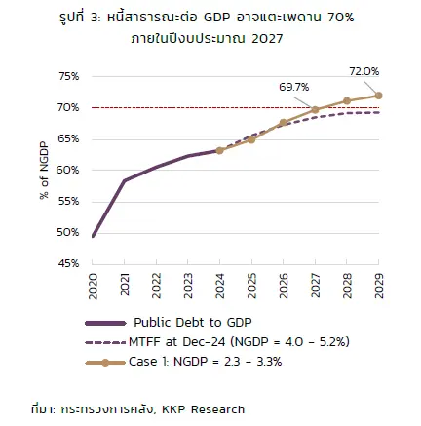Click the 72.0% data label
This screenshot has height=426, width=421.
(x=364, y=71)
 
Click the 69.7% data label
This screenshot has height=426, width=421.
(x=294, y=87)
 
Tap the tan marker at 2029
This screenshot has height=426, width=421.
(x=378, y=96)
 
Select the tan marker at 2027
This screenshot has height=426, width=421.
(x=315, y=110)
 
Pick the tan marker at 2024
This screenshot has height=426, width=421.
(x=219, y=150)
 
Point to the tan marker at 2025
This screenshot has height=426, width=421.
(x=251, y=139)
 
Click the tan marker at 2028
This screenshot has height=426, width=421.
(x=347, y=101)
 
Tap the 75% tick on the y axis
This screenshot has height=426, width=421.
(x=69, y=77)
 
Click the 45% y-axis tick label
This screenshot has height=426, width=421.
(x=68, y=263)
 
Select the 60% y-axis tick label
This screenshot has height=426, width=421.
(x=67, y=170)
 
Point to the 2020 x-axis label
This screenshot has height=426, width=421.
(x=93, y=286)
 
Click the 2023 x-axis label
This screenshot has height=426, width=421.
(x=188, y=286)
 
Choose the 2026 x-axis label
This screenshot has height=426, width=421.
(x=284, y=286)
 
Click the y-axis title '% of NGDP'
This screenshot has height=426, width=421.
(x=44, y=171)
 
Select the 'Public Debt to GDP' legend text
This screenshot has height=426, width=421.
(x=193, y=323)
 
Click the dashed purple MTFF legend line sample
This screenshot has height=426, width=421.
(x=105, y=342)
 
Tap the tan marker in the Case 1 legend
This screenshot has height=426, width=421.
(x=105, y=363)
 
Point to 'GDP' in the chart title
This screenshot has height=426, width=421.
(x=217, y=18)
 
